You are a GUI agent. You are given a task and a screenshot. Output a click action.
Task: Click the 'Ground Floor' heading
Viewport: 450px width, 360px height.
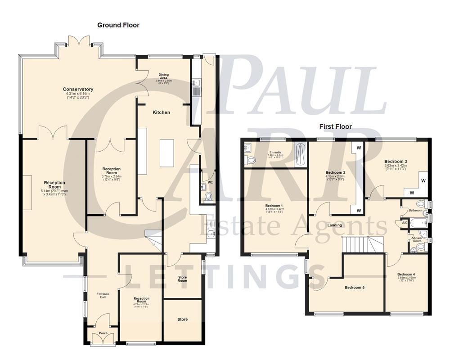coord(118,25)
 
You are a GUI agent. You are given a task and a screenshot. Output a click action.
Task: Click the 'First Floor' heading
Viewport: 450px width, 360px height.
coord(335,126)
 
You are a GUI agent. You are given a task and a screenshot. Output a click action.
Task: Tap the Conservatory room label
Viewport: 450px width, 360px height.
coord(78,90)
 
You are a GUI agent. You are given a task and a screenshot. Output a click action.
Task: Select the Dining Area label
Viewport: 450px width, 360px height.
coord(163,76)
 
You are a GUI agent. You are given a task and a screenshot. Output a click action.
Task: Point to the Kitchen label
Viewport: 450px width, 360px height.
coord(161,112)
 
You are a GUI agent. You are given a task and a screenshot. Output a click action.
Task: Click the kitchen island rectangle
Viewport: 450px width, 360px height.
coord(166,153)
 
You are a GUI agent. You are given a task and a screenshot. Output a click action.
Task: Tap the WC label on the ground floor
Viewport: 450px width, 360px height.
coord(210,183)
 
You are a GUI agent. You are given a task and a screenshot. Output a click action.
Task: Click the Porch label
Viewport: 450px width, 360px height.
coord(103,333)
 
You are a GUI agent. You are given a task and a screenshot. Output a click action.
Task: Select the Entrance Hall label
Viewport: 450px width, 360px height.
coord(103,296)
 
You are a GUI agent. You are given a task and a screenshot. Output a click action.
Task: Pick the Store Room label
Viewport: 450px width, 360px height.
coord(182,278)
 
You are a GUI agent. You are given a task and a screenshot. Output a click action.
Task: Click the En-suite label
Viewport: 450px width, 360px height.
coord(274,153)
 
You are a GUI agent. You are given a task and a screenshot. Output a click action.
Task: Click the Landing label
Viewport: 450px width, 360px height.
coord(334,225)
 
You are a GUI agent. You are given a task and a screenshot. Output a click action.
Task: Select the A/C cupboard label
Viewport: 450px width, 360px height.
coord(404,223)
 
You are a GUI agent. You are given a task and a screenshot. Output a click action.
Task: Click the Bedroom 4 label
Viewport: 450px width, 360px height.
coord(406,274)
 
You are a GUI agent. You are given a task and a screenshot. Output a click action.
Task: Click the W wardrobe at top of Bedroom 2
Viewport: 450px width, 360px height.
coord(359,148)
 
